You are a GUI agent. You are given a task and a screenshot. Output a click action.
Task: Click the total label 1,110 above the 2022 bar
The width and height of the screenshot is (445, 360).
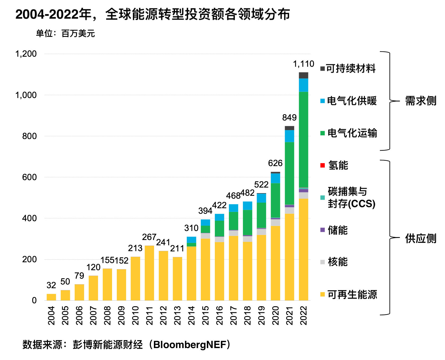pos(303,64)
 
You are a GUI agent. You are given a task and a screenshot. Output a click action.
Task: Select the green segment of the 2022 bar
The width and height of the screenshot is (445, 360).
pos(303,139)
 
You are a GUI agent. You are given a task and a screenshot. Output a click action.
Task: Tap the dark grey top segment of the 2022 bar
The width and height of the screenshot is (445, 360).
pos(303,75)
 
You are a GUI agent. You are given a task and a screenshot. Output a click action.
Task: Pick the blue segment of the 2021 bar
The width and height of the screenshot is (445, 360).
pos(289,136)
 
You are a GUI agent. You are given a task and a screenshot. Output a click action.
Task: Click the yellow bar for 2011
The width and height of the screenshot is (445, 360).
pos(149,273)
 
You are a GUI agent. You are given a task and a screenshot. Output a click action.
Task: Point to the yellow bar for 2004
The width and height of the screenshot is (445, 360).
pos(51,297)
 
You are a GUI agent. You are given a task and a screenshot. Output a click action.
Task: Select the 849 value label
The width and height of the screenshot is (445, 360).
pos(289,117)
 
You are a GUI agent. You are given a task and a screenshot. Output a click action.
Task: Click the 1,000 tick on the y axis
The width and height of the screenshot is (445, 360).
pos(26,95)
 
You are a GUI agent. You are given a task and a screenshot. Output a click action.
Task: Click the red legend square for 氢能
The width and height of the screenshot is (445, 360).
pos(322,165)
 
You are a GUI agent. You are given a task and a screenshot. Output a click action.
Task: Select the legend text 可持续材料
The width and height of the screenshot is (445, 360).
pos(351,68)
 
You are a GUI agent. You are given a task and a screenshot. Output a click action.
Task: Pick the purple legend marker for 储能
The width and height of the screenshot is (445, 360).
pos(322,230)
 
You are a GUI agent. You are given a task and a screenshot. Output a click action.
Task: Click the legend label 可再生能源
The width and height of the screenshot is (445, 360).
pos(352,294)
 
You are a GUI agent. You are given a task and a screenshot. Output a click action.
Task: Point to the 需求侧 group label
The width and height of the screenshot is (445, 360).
pos(421,101)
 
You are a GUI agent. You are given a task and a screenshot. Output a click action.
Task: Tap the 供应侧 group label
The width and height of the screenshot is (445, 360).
pos(421,238)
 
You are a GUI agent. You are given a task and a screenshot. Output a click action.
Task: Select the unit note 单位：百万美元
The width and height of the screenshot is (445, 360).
pos(65,34)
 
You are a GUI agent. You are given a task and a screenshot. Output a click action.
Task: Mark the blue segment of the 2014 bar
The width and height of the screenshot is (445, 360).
pos(191,240)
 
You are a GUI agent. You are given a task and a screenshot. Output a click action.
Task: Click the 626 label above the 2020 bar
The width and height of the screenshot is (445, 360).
pos(275,163)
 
